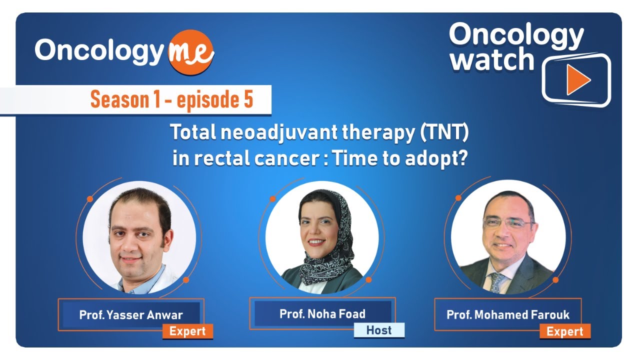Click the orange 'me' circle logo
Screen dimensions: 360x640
pyautogui.click(x=191, y=52)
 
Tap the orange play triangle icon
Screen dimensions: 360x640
pyautogui.click(x=578, y=80)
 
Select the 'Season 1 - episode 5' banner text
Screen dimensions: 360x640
pyautogui.click(x=171, y=99)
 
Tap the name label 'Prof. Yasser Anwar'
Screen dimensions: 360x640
pyautogui.click(x=131, y=315)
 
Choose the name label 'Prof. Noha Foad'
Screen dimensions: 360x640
pyautogui.click(x=322, y=314)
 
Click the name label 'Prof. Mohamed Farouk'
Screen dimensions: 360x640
pyautogui.click(x=507, y=315)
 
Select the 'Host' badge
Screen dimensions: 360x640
pyautogui.click(x=379, y=330)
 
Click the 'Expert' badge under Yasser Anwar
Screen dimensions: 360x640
pyautogui.click(x=187, y=331)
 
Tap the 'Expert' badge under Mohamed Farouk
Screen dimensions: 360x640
pyautogui.click(x=564, y=331)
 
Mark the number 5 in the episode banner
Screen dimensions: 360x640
pyautogui.click(x=248, y=99)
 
